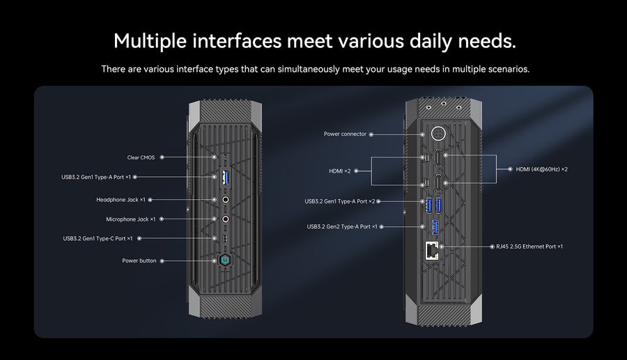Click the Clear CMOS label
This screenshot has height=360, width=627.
(x=141, y=157)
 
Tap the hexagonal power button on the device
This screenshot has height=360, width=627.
(x=224, y=260)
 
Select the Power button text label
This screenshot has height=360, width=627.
(x=139, y=260)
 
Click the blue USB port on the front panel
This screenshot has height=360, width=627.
(x=225, y=177)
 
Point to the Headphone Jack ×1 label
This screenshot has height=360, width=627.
(x=121, y=200)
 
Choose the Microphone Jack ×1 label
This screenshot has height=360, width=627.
(x=130, y=219)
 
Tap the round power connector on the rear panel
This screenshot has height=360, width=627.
(x=439, y=134)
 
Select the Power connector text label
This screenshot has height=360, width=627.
(x=345, y=134)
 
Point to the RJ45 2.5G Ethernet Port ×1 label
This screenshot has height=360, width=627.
(x=527, y=246)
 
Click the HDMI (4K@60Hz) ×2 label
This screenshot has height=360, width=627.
(x=541, y=169)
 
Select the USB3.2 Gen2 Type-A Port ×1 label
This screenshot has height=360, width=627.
(x=342, y=226)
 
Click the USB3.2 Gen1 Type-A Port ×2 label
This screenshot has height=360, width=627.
(x=340, y=201)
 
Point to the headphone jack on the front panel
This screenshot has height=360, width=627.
(x=225, y=200)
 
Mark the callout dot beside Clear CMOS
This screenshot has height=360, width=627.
(x=162, y=157)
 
